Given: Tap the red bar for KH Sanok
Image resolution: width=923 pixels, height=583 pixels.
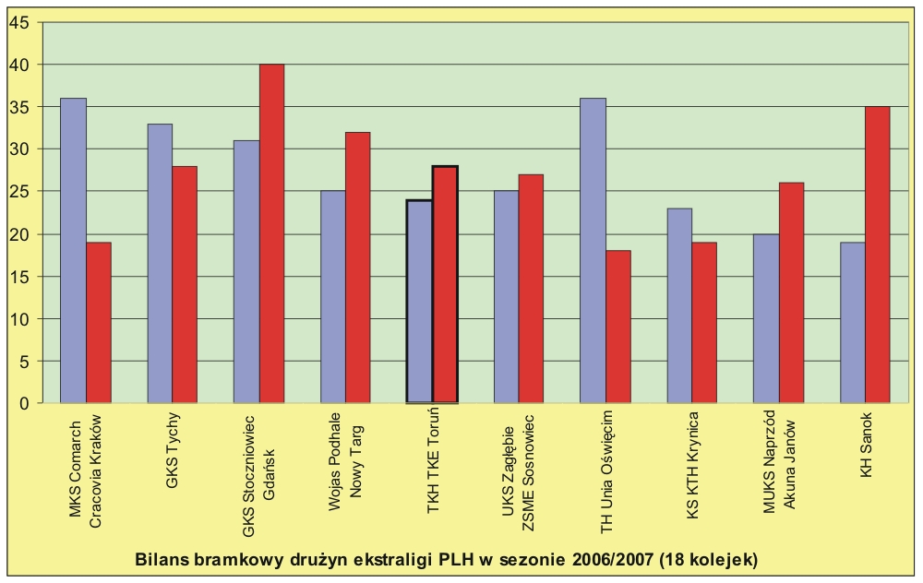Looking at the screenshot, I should point(878,255).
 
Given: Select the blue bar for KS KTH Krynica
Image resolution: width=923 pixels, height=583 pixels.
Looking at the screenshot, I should point(679,305).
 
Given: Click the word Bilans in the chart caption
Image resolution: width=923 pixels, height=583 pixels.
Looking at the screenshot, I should point(162,559).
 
